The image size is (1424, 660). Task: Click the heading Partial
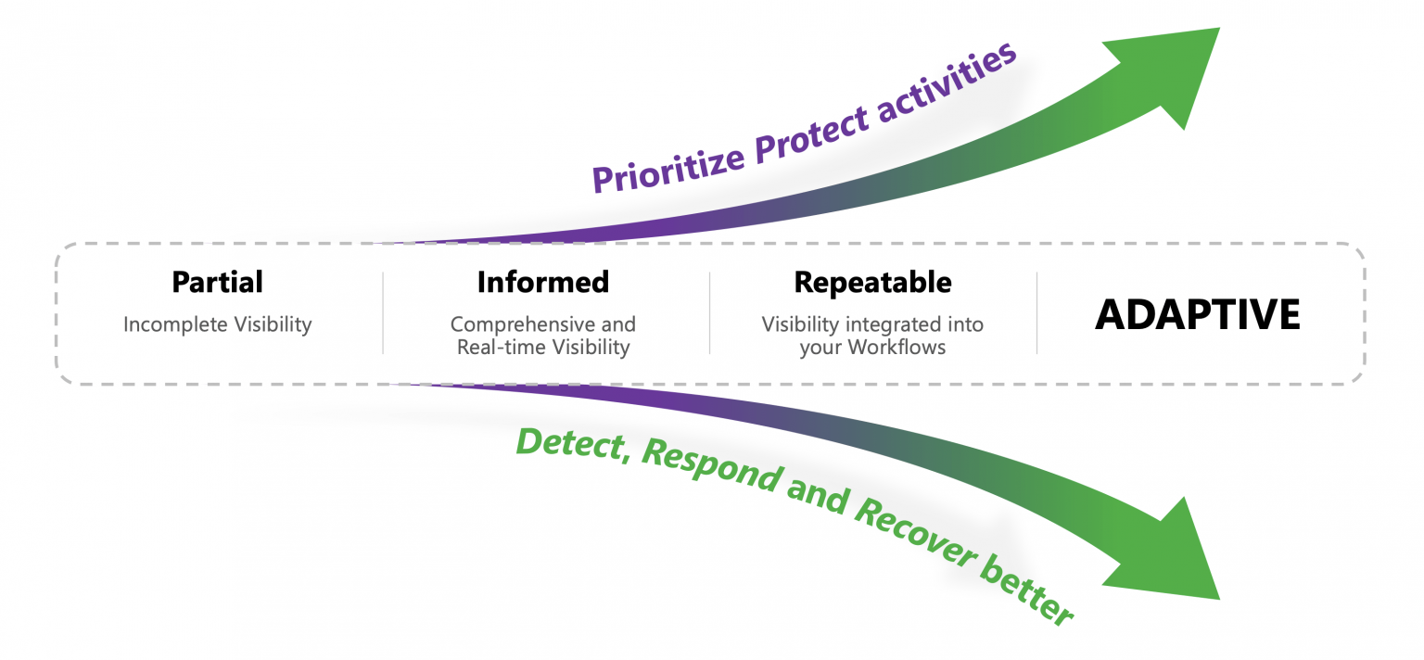click(x=217, y=282)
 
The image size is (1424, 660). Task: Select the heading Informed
click(x=542, y=282)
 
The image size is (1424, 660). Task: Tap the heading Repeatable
click(x=872, y=282)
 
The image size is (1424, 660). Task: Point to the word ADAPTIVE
click(x=1197, y=315)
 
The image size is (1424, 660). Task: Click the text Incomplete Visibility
click(x=217, y=324)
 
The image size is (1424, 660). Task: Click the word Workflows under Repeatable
click(x=910, y=348)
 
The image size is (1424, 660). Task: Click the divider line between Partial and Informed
click(x=383, y=313)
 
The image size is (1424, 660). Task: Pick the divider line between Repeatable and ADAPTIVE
click(x=1036, y=313)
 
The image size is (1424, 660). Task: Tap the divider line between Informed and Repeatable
click(x=710, y=313)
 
